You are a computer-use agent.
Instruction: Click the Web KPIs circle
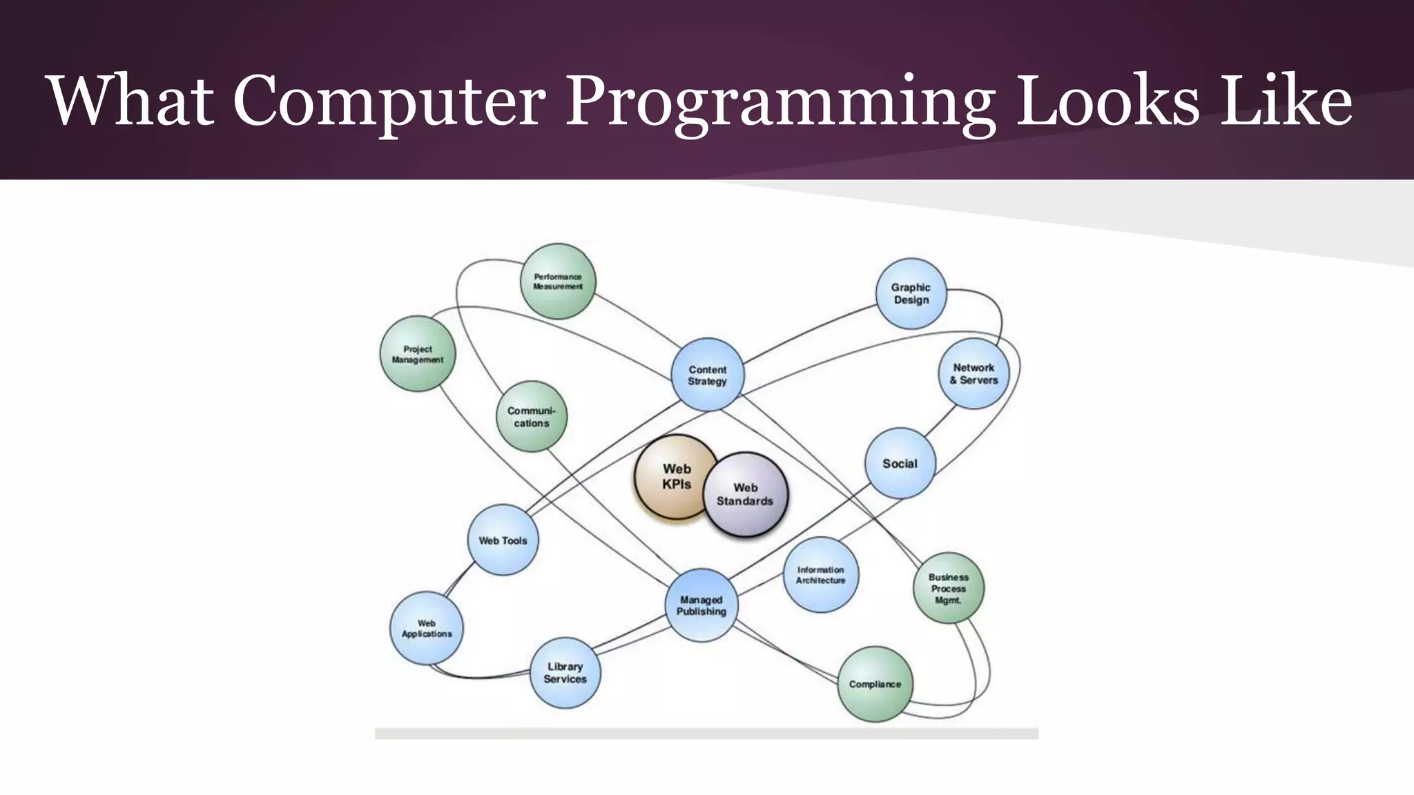tap(673, 476)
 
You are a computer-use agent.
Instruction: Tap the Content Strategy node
tap(708, 375)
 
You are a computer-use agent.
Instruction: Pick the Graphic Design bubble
tap(911, 293)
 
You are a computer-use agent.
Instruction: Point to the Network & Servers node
tap(974, 373)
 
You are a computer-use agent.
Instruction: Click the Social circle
tap(900, 463)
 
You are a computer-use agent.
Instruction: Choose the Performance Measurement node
tap(558, 282)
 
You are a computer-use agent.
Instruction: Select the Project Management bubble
tap(418, 354)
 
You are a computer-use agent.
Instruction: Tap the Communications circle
tap(532, 417)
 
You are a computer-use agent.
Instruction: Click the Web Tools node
tap(503, 540)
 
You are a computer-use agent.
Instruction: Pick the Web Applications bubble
tap(427, 628)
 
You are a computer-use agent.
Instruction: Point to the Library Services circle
tap(565, 673)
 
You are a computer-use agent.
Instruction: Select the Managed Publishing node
tap(701, 605)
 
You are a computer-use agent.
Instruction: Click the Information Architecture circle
tap(821, 575)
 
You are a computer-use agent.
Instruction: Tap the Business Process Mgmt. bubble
tap(949, 588)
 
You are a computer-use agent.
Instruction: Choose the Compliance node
tap(875, 684)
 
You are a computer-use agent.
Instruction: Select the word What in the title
tap(130, 101)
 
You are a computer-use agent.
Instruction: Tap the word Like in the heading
tap(1286, 101)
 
